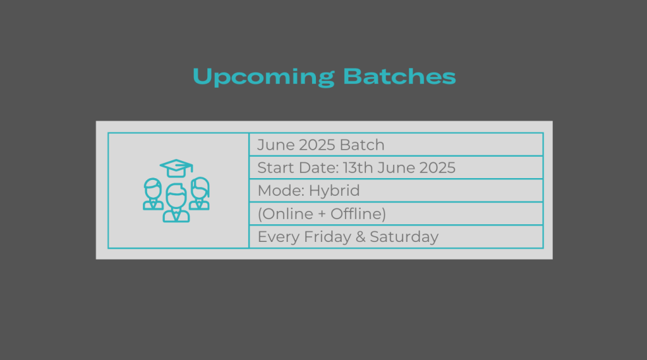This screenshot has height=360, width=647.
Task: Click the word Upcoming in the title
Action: pos(263,77)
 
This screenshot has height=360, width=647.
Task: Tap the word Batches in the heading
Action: pos(399,76)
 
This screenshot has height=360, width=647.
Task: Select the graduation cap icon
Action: pos(177,168)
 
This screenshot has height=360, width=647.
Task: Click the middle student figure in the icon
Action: pos(176,203)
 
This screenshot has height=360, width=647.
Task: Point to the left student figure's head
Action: pos(153,188)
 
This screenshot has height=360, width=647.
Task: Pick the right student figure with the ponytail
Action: pos(200,193)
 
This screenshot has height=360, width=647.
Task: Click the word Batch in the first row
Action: pos(362,145)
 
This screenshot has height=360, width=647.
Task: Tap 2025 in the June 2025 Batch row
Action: pos(317,145)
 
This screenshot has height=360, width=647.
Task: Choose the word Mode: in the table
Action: pos(281,191)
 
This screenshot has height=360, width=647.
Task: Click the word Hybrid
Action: pos(334,191)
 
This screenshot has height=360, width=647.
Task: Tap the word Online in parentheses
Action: pos(287,213)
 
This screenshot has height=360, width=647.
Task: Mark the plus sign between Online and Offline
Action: pos(322,214)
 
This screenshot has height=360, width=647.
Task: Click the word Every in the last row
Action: pos(279,237)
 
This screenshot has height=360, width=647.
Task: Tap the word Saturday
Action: pos(404,237)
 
